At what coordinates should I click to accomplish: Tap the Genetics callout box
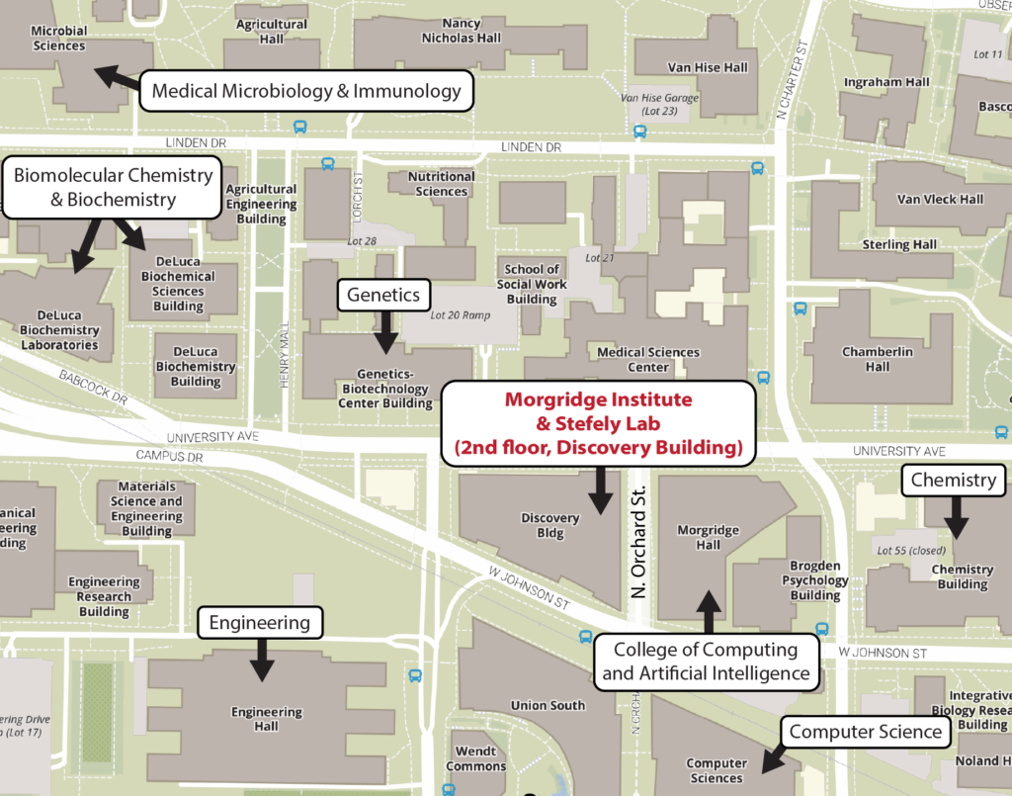(x=383, y=295)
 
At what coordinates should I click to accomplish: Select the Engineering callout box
(x=260, y=622)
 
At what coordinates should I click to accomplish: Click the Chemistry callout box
(x=953, y=481)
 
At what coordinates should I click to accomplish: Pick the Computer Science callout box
(x=866, y=732)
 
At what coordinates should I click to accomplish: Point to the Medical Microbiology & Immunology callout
(x=306, y=92)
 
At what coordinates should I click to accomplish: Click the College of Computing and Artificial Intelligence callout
(x=706, y=663)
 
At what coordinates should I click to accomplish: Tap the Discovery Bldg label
(x=549, y=525)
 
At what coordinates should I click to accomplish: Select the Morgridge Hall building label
(x=708, y=537)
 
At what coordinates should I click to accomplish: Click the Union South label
(x=548, y=705)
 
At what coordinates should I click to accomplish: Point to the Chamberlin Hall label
(x=866, y=359)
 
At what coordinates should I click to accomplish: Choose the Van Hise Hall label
(x=694, y=67)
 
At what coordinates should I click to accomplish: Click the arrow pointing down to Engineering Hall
(x=261, y=660)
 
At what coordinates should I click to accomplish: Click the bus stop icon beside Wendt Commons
(x=415, y=676)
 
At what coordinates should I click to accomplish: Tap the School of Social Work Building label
(x=532, y=284)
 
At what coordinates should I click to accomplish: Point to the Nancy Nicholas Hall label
(x=462, y=31)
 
